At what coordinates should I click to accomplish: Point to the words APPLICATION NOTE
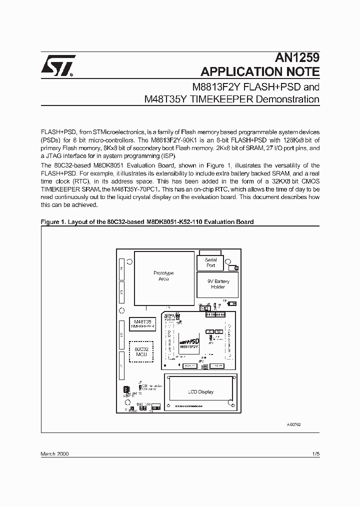[x=259, y=71]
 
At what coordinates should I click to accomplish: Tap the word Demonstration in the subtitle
[x=287, y=98]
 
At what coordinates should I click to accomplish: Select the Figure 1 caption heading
[x=147, y=221]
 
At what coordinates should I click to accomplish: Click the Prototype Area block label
[x=163, y=276]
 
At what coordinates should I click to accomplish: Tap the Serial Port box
[x=211, y=262]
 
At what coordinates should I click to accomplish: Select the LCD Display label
[x=200, y=391]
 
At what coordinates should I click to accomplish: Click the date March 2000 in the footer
[x=54, y=453]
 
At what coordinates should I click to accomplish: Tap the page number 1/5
[x=315, y=453]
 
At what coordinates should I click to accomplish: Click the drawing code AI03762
[x=293, y=423]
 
